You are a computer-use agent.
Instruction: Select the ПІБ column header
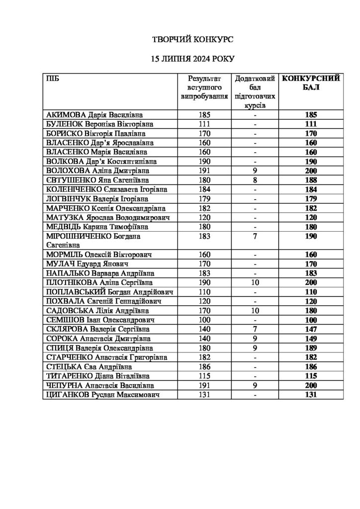pyautogui.click(x=51, y=79)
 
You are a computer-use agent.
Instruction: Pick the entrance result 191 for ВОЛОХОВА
pyautogui.click(x=204, y=170)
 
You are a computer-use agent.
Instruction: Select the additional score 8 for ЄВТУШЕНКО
pyautogui.click(x=255, y=179)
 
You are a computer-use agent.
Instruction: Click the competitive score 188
pyautogui.click(x=311, y=179)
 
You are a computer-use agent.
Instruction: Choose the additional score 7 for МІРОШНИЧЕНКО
pyautogui.click(x=255, y=236)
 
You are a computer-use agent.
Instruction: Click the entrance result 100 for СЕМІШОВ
pyautogui.click(x=204, y=320)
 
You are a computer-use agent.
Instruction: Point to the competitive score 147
pyautogui.click(x=311, y=329)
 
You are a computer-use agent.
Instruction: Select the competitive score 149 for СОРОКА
pyautogui.click(x=311, y=339)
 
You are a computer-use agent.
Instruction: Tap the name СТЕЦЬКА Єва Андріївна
pyautogui.click(x=88, y=367)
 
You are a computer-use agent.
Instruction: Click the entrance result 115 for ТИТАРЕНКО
pyautogui.click(x=204, y=376)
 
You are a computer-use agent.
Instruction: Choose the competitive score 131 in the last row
pyautogui.click(x=311, y=395)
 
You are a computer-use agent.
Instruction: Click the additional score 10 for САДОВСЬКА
pyautogui.click(x=255, y=311)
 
